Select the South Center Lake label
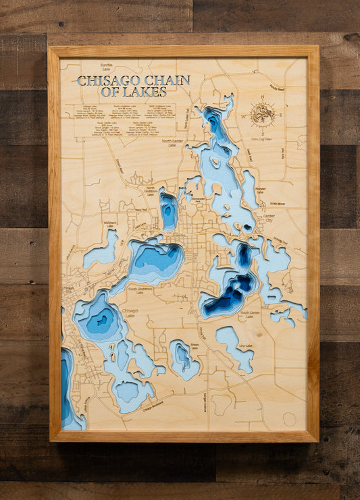[250, 314]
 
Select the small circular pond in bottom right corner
[289, 418]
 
